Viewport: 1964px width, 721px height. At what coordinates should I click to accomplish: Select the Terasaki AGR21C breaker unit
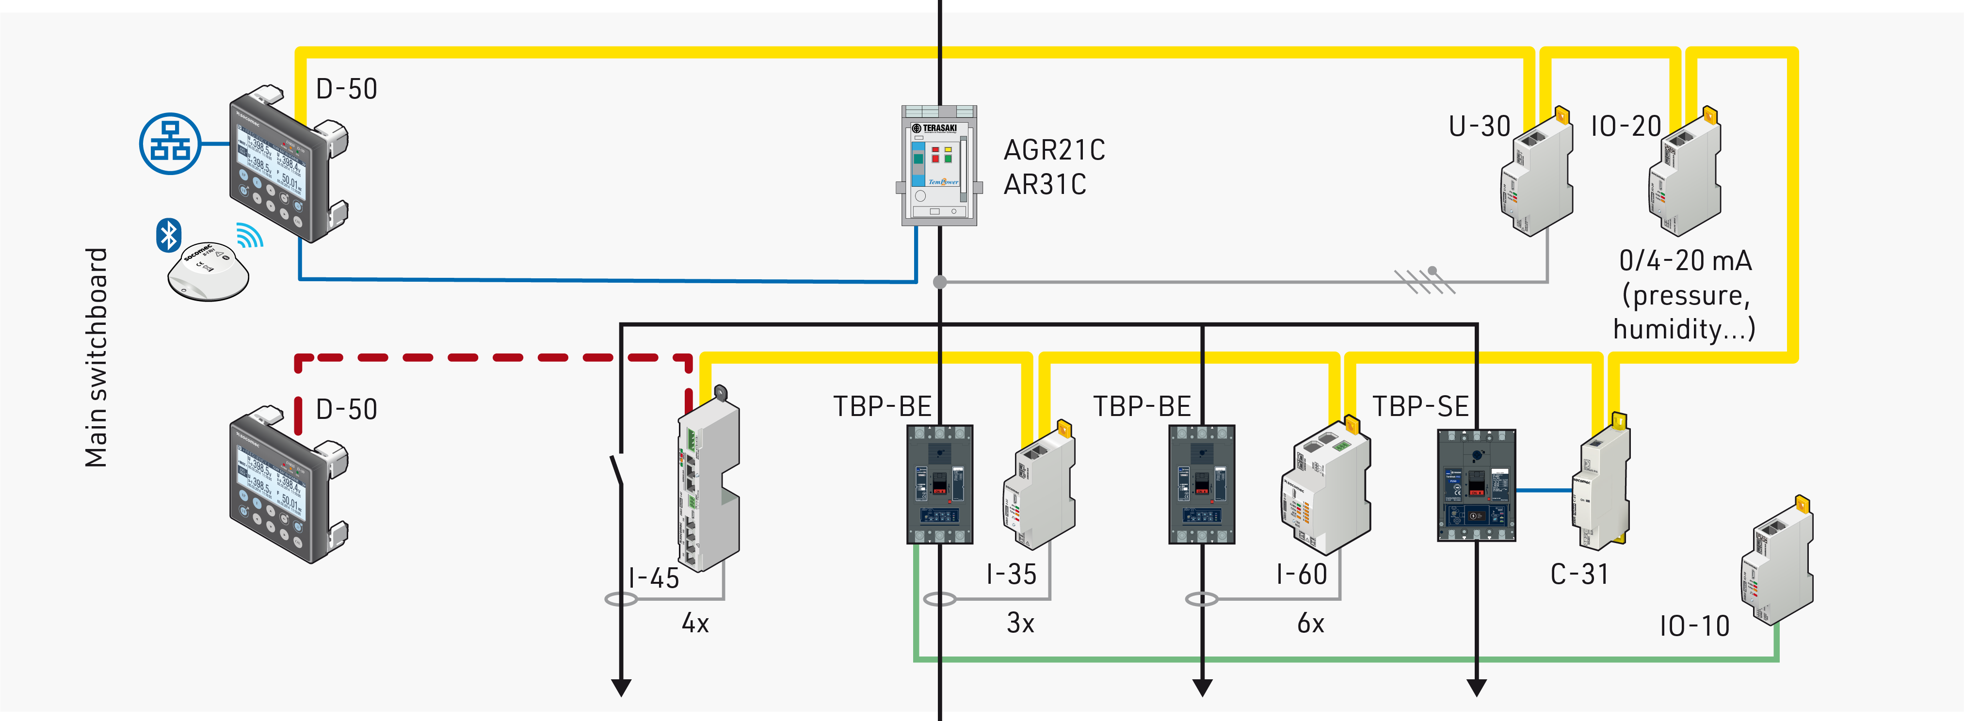pos(938,166)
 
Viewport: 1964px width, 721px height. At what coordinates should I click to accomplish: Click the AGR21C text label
pos(1054,150)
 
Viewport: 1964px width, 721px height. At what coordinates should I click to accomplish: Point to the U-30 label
pos(1479,127)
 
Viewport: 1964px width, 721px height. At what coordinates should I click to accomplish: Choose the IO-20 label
pos(1626,127)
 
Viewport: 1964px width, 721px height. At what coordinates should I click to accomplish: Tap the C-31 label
pos(1580,574)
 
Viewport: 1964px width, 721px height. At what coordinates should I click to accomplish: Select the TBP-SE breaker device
pos(1476,485)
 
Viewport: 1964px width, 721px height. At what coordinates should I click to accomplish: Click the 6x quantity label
pos(1311,624)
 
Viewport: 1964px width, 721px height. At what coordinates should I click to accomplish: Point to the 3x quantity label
pos(1020,624)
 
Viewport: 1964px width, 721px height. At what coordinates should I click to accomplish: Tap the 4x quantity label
pos(694,624)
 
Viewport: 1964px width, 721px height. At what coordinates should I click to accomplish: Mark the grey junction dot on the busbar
pos(940,282)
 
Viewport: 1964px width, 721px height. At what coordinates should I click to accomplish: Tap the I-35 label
pos(1011,574)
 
